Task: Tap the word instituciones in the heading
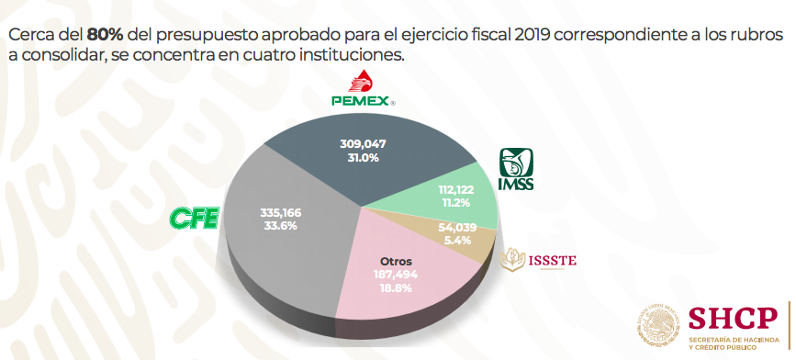(352, 56)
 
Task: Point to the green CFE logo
(194, 219)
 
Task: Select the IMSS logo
(515, 171)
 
